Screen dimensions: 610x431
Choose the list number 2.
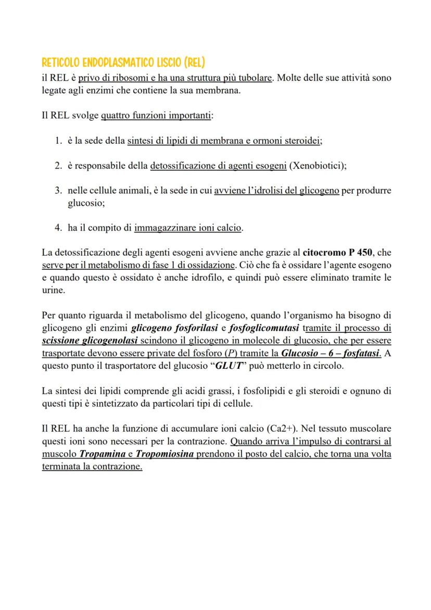click(x=58, y=166)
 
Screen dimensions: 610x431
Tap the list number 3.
click(x=58, y=191)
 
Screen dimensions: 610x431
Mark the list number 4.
click(x=58, y=228)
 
